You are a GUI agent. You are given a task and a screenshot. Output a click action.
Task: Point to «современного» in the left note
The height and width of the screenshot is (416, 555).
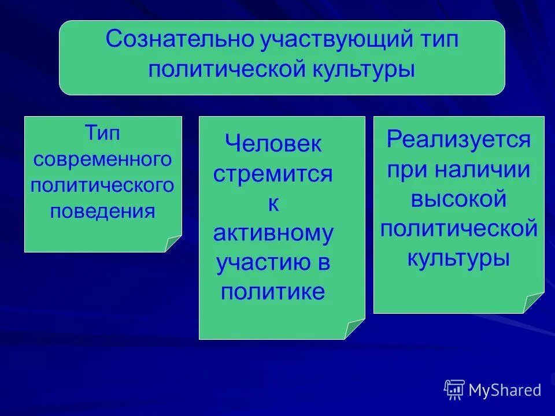[x=103, y=159]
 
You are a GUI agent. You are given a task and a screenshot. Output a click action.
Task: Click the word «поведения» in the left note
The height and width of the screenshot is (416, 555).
[x=103, y=211]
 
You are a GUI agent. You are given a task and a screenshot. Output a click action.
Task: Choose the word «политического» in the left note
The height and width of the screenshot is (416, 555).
[x=103, y=185]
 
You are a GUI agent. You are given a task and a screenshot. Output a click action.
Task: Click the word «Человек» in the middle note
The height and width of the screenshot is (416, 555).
[x=273, y=144]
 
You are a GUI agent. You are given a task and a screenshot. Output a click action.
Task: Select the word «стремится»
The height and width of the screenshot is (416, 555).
[x=273, y=174]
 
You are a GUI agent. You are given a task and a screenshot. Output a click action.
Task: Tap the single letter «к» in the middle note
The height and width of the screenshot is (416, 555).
[x=274, y=203]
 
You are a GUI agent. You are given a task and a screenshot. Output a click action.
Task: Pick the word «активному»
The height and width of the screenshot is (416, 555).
[x=273, y=233]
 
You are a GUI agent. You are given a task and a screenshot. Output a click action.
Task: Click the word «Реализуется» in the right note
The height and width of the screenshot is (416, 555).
[x=459, y=139]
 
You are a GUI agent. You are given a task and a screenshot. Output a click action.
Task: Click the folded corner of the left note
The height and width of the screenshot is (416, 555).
[x=173, y=244]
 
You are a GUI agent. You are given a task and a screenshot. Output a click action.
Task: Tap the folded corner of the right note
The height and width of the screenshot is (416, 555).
[x=534, y=303]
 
